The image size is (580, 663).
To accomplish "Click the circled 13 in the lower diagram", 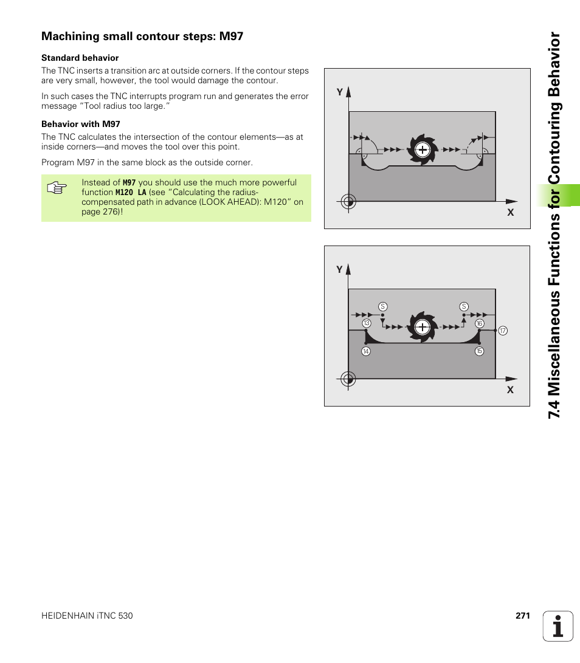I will (x=367, y=323).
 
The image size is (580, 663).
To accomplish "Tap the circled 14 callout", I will (x=366, y=351).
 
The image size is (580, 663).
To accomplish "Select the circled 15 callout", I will (x=479, y=351).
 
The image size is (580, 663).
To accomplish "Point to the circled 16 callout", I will (x=479, y=323).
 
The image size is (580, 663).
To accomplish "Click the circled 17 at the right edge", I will (x=503, y=331).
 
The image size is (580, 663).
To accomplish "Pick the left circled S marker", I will (x=383, y=306).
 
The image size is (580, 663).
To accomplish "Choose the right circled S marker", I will (x=464, y=306).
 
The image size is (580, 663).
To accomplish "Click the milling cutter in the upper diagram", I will (x=422, y=149).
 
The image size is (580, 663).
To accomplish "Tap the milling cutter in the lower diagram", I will (x=422, y=327).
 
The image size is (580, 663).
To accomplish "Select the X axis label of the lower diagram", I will (x=511, y=390).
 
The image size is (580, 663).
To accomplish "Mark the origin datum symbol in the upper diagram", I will (x=348, y=201).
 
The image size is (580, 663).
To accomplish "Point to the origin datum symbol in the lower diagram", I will (x=348, y=379).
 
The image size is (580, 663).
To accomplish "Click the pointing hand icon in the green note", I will (x=56, y=188).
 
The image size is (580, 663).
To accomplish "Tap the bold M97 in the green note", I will (x=129, y=182).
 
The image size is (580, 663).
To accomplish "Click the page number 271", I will (x=523, y=616).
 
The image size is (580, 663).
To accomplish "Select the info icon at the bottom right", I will (x=558, y=627).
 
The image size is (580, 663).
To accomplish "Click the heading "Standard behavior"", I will (x=80, y=58).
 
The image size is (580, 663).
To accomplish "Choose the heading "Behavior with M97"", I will (x=81, y=124).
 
